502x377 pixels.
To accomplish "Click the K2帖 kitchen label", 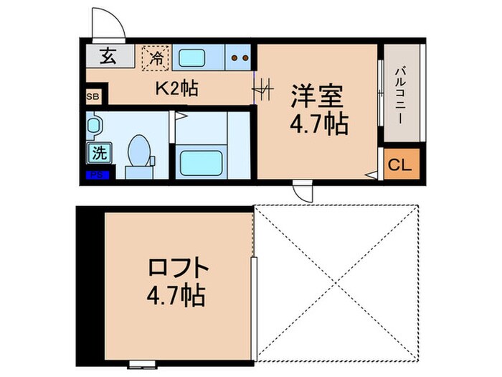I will (176, 90).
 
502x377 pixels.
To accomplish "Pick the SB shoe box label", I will (93, 96).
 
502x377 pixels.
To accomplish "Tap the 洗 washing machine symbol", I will (99, 152).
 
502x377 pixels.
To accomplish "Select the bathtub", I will (200, 160).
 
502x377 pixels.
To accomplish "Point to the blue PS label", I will (94, 174).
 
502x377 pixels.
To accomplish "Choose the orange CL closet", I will (399, 164).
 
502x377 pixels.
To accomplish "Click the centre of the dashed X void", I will (336, 282).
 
